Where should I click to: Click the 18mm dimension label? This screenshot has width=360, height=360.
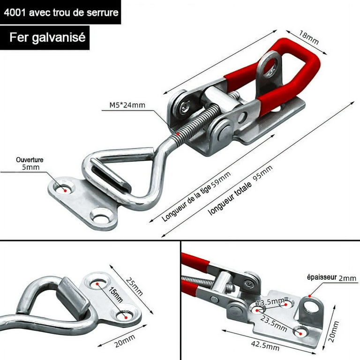coord(308,37)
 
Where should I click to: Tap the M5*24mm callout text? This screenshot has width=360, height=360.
coord(127,105)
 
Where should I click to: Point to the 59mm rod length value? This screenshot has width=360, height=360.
coord(221,180)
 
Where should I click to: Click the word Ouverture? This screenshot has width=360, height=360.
coord(30,160)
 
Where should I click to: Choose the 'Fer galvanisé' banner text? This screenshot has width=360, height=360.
coord(47,37)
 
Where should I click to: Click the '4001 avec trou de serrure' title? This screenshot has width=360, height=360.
coord(61,12)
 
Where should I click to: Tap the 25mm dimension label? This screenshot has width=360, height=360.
coord(135,286)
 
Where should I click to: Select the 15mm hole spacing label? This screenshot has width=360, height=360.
coord(115,294)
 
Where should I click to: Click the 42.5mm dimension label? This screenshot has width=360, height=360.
coord(265,345)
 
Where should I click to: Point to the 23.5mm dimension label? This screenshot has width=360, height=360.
coord(273,323)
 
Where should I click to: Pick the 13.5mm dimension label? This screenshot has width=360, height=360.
coord(270,302)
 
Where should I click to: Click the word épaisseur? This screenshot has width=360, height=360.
coord(322,277)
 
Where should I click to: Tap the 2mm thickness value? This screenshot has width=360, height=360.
coord(347,278)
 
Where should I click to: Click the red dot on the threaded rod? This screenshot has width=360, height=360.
coord(177,134)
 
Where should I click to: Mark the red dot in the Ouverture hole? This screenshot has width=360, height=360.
coord(66,191)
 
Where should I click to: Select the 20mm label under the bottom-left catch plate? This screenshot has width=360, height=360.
coord(125,341)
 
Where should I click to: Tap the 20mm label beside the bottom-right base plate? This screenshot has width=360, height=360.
coord(334,331)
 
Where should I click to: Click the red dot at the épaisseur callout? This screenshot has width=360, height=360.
coord(310,296)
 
